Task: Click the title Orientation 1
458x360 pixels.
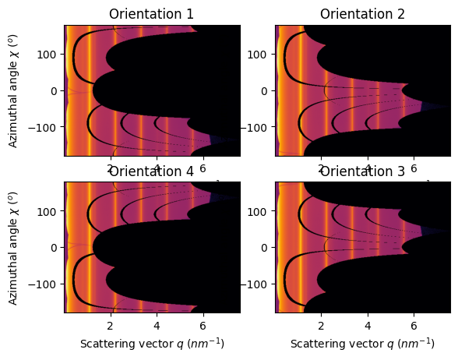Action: [x=151, y=15]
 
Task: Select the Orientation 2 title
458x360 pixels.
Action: [x=362, y=15]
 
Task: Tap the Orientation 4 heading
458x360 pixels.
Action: [x=151, y=171]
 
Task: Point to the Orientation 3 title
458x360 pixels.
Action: [x=362, y=171]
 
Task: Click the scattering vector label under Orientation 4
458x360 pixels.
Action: [x=151, y=344]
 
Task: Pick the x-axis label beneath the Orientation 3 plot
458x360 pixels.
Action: [x=362, y=344]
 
